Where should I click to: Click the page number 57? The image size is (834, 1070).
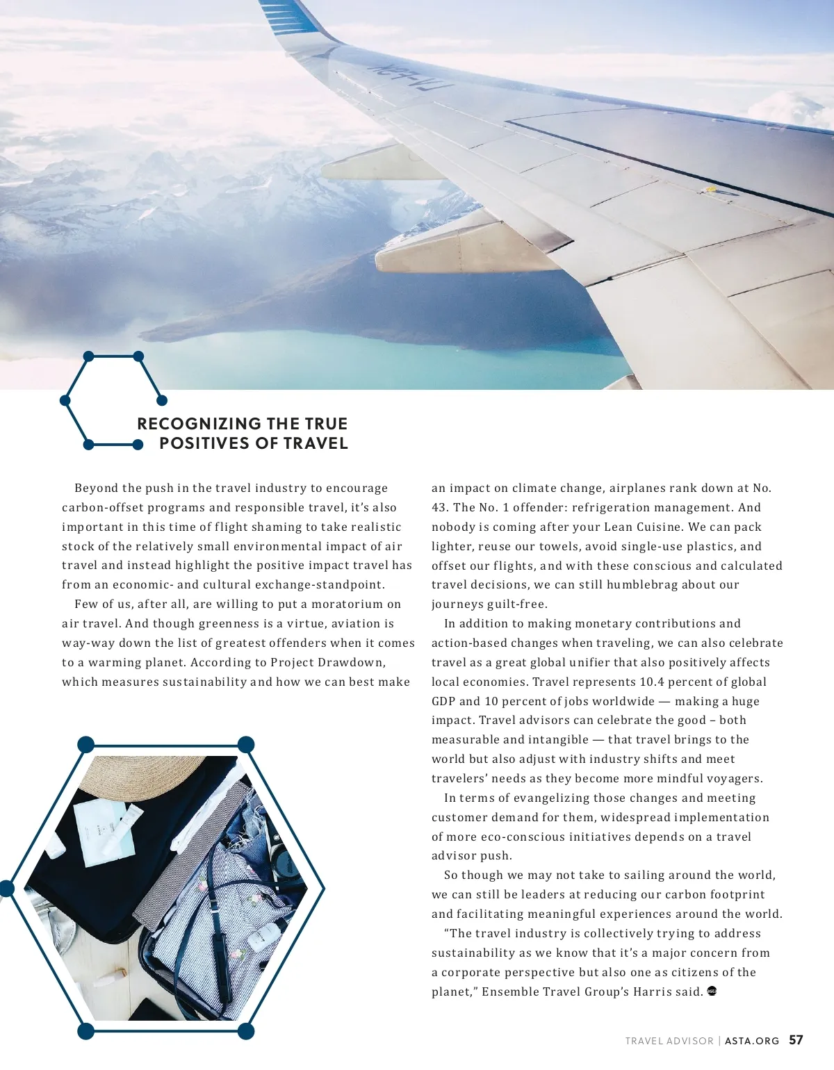796,1040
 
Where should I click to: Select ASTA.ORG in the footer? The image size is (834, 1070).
752,1041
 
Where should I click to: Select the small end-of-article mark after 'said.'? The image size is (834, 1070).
711,991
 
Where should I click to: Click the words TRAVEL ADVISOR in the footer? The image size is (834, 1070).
669,1041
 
